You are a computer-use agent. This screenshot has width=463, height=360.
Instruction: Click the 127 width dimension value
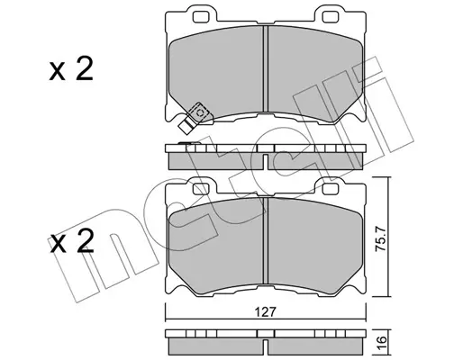click(266, 312)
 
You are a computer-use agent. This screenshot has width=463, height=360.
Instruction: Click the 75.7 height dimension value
click(380, 239)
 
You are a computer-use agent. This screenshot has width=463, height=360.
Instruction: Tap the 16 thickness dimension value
click(380, 341)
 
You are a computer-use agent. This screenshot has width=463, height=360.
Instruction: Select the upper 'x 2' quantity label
click(71, 69)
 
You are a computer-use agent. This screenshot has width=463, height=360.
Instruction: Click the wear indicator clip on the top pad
click(194, 117)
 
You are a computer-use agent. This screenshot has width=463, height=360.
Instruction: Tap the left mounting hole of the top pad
click(201, 17)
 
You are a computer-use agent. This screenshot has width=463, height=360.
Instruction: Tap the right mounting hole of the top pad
click(330, 17)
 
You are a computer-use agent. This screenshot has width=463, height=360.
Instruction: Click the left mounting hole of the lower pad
click(201, 189)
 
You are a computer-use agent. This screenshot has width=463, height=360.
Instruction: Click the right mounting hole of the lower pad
click(330, 189)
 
